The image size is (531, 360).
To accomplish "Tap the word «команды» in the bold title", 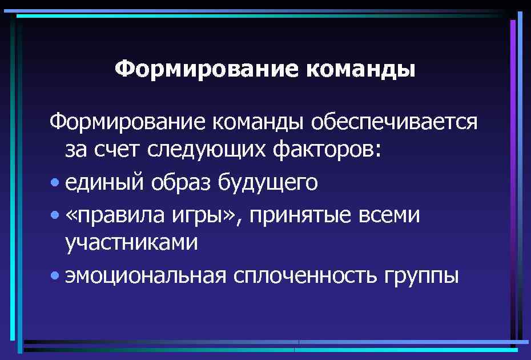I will [361, 70].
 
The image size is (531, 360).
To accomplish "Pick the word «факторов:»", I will [324, 151].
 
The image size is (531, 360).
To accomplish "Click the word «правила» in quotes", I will [115, 215].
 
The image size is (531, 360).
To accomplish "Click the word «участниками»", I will [131, 243].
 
